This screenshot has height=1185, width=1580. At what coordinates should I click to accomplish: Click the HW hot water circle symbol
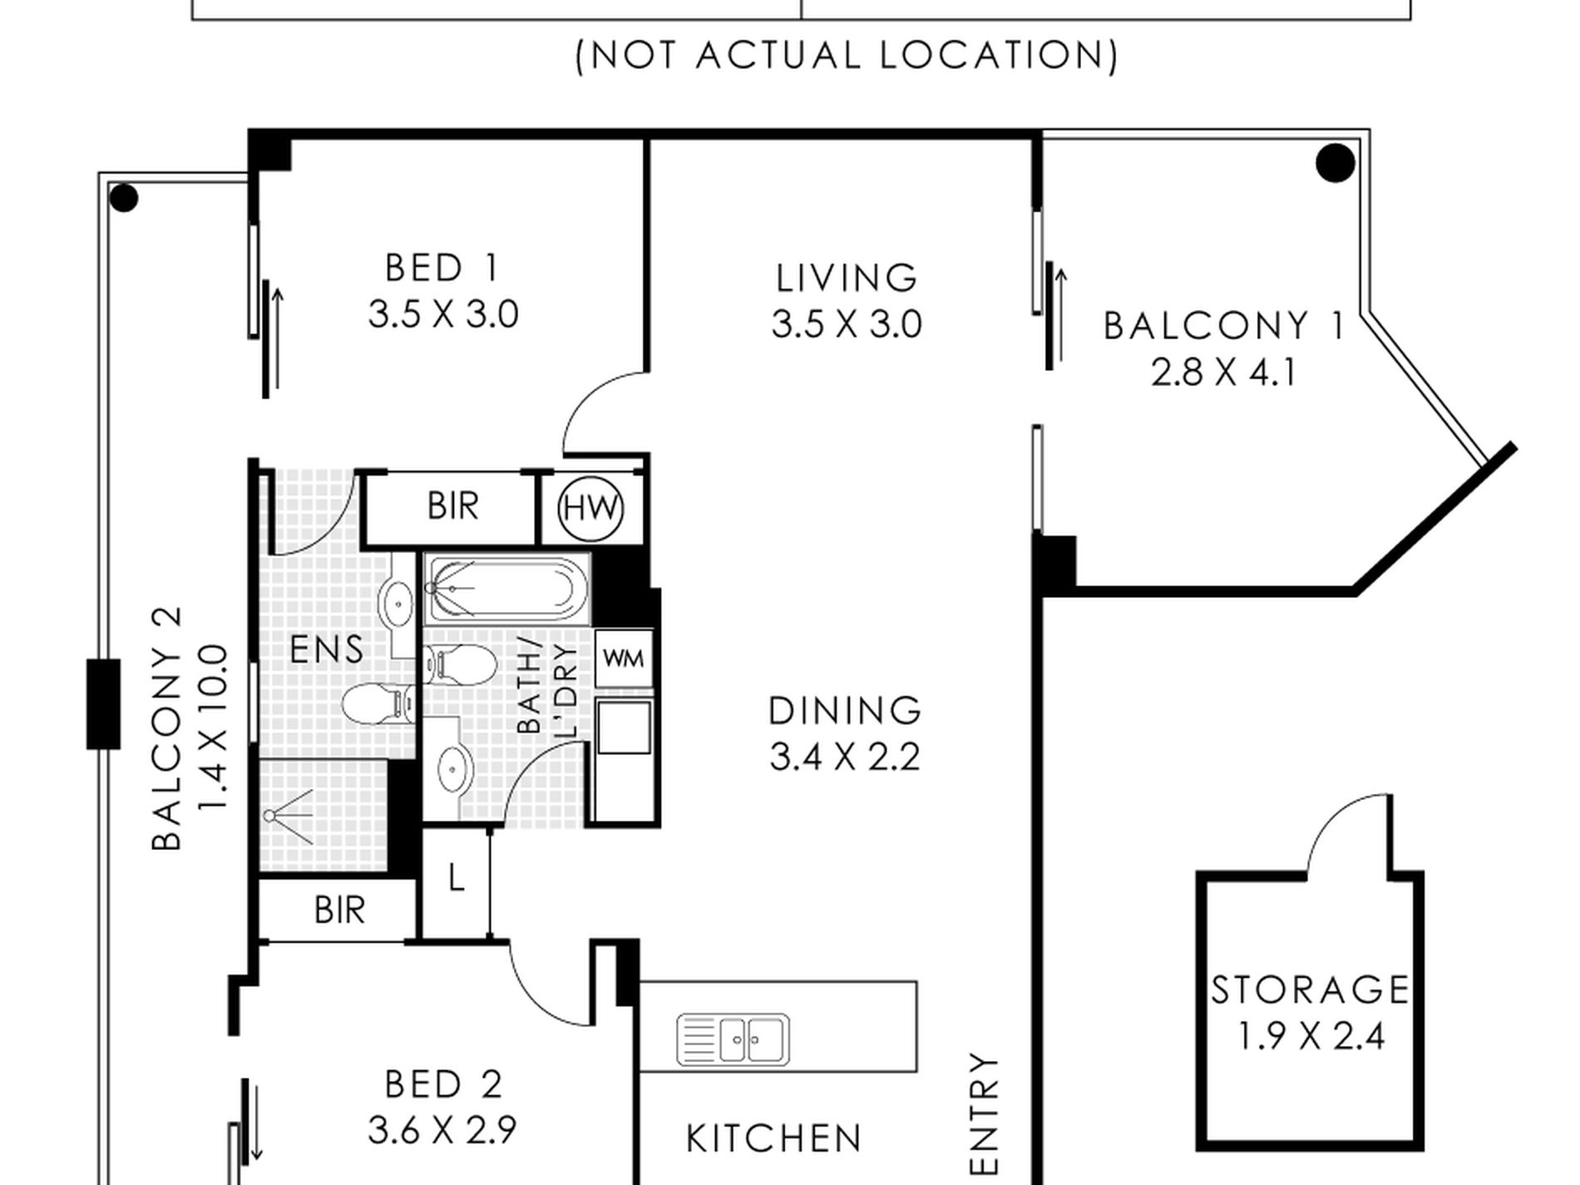tap(590, 507)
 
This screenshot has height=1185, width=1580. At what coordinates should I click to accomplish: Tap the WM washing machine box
tap(624, 659)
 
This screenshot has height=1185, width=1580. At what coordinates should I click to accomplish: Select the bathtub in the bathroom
tap(507, 589)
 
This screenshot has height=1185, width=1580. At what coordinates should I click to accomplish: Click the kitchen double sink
tap(733, 1039)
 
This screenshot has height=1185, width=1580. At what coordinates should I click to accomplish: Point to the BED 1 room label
tap(442, 268)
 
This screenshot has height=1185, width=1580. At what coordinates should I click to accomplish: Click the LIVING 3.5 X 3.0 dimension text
tap(847, 324)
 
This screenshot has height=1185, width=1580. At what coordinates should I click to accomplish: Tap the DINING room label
tap(845, 711)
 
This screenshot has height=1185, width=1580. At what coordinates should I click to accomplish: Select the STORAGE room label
tap(1310, 990)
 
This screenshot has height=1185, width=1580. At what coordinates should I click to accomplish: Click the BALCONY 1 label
tap(1224, 326)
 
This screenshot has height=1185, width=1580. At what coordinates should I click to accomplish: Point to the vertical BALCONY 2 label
tap(166, 728)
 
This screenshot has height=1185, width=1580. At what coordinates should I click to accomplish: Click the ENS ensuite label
tap(327, 649)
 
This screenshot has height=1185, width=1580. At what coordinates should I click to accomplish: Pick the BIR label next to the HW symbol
tap(453, 506)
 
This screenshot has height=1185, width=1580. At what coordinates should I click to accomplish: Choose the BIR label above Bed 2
tap(339, 911)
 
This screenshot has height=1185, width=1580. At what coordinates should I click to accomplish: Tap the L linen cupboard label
tap(456, 878)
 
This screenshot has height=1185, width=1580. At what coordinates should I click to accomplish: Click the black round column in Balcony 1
tap(1336, 163)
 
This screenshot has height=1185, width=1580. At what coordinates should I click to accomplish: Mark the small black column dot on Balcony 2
tap(124, 199)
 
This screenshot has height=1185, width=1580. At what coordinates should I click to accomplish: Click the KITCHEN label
tap(773, 1138)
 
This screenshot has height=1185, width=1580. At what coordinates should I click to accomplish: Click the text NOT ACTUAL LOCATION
tap(847, 56)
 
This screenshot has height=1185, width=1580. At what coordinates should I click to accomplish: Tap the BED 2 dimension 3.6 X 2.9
tap(442, 1130)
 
